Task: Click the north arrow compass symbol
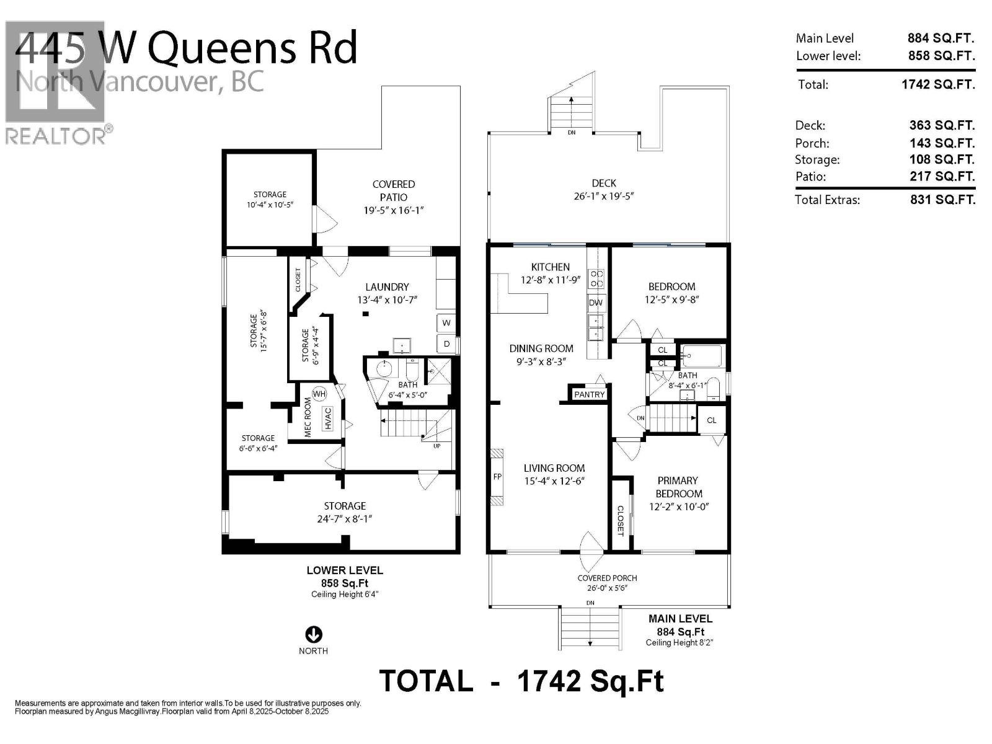coord(314,634)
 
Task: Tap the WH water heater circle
coord(319,394)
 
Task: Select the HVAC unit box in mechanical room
coord(328,418)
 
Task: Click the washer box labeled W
coord(446,323)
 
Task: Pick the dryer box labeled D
coord(446,344)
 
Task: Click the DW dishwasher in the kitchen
coord(596,303)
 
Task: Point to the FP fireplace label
coord(497,477)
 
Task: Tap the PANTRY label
coord(589,394)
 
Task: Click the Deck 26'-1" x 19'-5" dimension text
coord(604,197)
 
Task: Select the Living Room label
coord(554,468)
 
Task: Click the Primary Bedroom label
coord(678,487)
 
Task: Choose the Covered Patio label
coord(394,190)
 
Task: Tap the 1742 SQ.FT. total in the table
coord(937,84)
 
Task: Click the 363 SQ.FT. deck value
coord(941,125)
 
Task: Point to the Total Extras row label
coord(827,200)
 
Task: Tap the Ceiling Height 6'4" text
coord(345,594)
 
